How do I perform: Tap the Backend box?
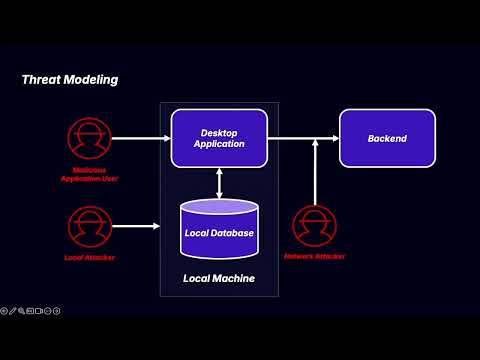click(x=387, y=138)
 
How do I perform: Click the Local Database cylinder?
click(x=219, y=232)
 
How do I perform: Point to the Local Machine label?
click(x=219, y=277)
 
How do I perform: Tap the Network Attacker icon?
click(x=315, y=225)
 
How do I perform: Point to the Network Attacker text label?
click(x=315, y=257)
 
